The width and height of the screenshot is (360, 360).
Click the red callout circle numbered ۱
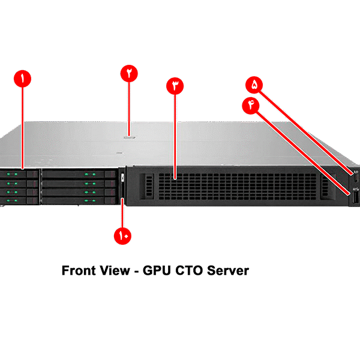[x=22, y=79]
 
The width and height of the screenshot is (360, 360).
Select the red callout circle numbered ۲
[x=129, y=73]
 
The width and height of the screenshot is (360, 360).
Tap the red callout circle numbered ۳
[x=175, y=86]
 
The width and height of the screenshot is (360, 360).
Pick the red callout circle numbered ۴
[x=250, y=104]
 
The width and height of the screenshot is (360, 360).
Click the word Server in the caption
[x=227, y=271]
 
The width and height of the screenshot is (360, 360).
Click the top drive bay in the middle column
[x=79, y=174]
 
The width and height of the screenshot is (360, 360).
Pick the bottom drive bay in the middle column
[x=79, y=200]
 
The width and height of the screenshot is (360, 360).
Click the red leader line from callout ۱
[x=22, y=126]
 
